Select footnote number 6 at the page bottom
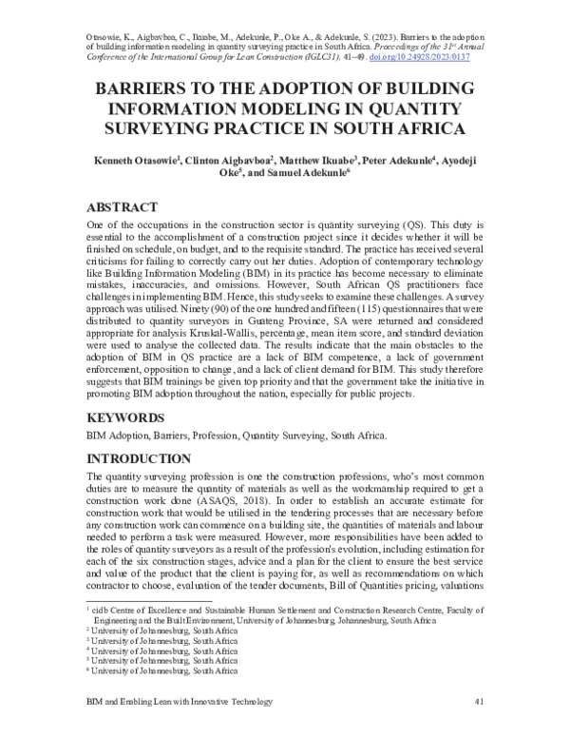[x=89, y=670]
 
